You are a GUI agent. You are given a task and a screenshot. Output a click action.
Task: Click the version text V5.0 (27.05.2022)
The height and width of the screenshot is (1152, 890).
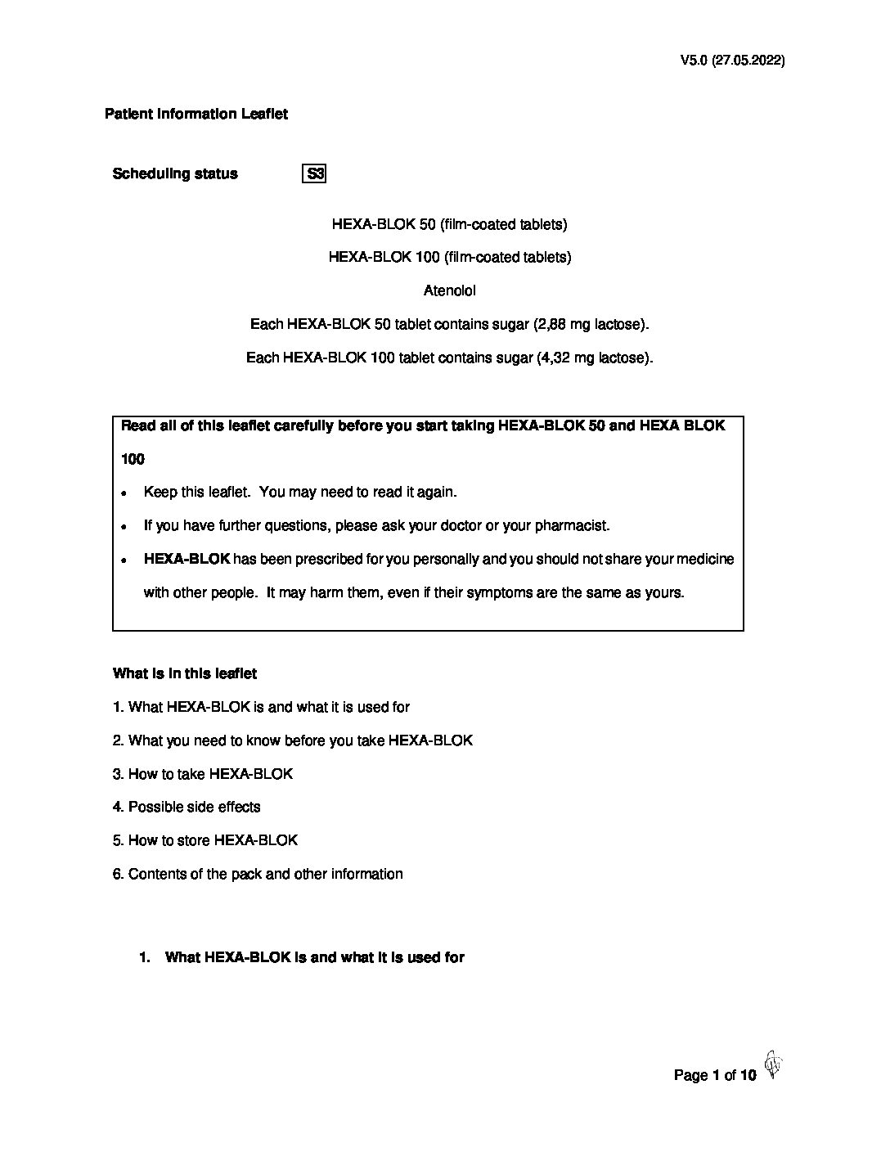(x=732, y=61)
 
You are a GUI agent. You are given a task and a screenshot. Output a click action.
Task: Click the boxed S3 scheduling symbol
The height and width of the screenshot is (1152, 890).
(x=314, y=173)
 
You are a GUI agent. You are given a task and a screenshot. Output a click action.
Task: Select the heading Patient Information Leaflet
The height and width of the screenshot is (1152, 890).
(x=196, y=114)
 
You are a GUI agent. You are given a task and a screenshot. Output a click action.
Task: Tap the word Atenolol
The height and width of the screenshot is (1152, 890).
(x=449, y=290)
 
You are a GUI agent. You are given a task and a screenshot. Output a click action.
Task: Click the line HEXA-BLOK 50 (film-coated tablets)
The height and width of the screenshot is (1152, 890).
(x=449, y=224)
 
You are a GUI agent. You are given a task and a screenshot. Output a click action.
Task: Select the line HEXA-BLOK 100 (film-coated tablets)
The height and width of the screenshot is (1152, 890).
(x=449, y=257)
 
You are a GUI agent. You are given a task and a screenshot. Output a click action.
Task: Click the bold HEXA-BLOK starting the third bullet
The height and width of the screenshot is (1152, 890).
(x=187, y=559)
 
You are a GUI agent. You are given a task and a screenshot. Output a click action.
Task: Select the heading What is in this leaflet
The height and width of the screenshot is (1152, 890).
(x=185, y=673)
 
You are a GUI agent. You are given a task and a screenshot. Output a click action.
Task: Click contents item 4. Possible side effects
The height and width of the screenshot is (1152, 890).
(x=187, y=807)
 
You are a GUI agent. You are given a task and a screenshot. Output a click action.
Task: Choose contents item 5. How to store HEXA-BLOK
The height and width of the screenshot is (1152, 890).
(x=205, y=840)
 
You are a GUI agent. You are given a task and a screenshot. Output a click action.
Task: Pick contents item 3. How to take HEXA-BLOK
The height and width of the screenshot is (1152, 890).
(x=203, y=773)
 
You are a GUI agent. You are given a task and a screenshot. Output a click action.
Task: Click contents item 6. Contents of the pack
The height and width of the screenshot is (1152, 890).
(x=258, y=874)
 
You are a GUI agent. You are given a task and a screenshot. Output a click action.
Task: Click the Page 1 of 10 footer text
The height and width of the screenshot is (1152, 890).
(x=715, y=1075)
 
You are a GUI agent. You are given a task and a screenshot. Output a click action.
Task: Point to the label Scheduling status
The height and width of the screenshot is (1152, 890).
(x=175, y=173)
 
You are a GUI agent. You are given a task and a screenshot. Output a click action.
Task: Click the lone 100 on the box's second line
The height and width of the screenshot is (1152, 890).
(x=133, y=459)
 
